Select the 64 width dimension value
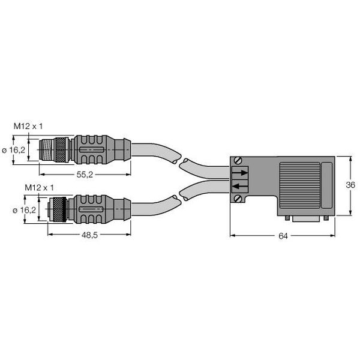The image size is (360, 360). [x=283, y=236]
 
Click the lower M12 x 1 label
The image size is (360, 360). [x=37, y=187]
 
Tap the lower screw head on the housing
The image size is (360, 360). [x=238, y=200]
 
